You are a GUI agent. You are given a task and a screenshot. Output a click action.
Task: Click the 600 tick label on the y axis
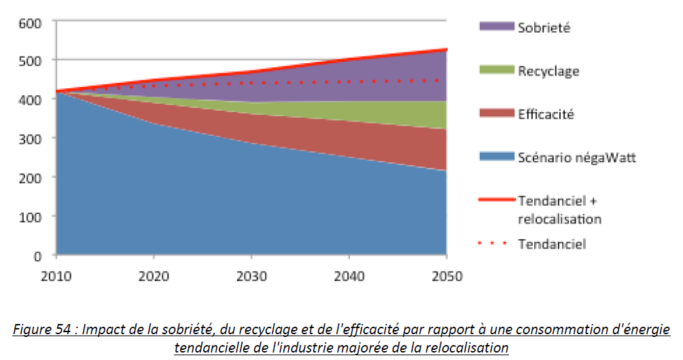[x=32, y=22]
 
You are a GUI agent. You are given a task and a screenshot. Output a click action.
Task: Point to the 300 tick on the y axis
[x=32, y=139]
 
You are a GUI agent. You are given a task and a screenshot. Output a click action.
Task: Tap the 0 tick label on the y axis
[x=38, y=256]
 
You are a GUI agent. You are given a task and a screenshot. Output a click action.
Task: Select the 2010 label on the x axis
[x=56, y=276]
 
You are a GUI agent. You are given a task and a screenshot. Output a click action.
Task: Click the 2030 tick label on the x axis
[x=251, y=276]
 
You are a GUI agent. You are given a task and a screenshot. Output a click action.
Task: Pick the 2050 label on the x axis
[x=446, y=276]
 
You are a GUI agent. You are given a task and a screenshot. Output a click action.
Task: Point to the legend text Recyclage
[x=548, y=71]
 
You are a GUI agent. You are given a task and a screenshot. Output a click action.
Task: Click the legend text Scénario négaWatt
[x=577, y=158]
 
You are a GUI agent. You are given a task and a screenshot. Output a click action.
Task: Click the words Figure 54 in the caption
[x=42, y=330]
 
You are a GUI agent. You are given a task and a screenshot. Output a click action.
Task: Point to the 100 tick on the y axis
[x=32, y=217]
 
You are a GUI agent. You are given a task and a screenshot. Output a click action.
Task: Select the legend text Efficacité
[x=546, y=114]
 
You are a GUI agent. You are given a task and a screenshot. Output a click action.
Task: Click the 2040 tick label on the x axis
[x=348, y=276]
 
